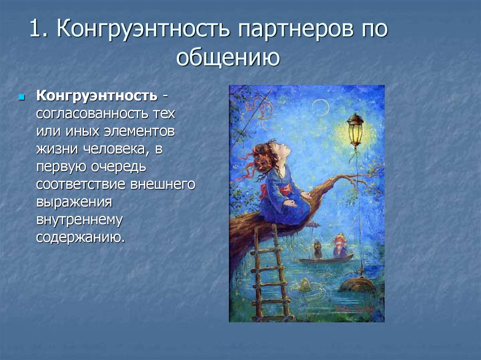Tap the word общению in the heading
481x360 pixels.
[228, 57]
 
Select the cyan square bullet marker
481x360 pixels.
[22, 98]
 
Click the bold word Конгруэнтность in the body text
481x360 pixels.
[97, 96]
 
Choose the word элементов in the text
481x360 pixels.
[140, 131]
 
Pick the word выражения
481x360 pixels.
[74, 203]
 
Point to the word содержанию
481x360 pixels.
[81, 238]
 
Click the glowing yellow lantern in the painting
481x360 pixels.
[355, 130]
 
